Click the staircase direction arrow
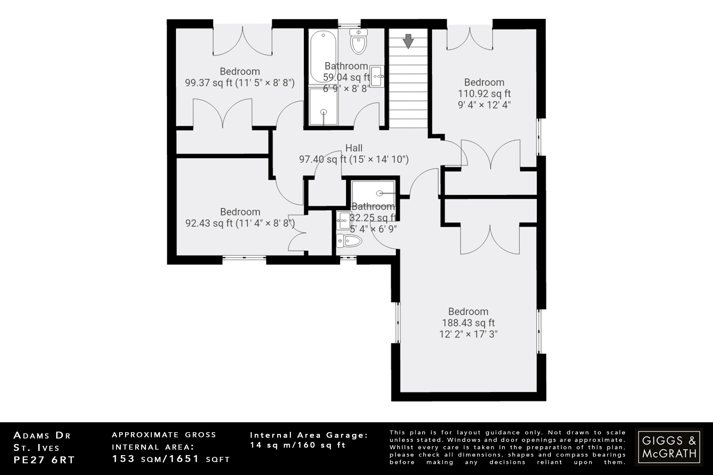click(408, 41)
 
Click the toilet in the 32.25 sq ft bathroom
click(349, 240)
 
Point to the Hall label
click(354, 148)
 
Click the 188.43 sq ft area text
click(468, 323)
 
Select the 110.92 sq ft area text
click(484, 94)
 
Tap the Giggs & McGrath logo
click(669, 447)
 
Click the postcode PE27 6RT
click(44, 460)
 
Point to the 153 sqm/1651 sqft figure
click(171, 459)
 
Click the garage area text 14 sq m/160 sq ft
click(298, 445)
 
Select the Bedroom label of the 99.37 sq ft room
click(240, 71)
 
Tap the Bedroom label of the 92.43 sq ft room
click(240, 212)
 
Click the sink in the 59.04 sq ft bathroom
click(377, 77)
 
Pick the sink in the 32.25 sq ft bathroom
click(344, 220)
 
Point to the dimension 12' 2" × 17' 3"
click(468, 334)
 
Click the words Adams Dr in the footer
click(42, 435)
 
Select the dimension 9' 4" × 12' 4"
click(484, 105)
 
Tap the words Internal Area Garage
click(309, 435)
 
